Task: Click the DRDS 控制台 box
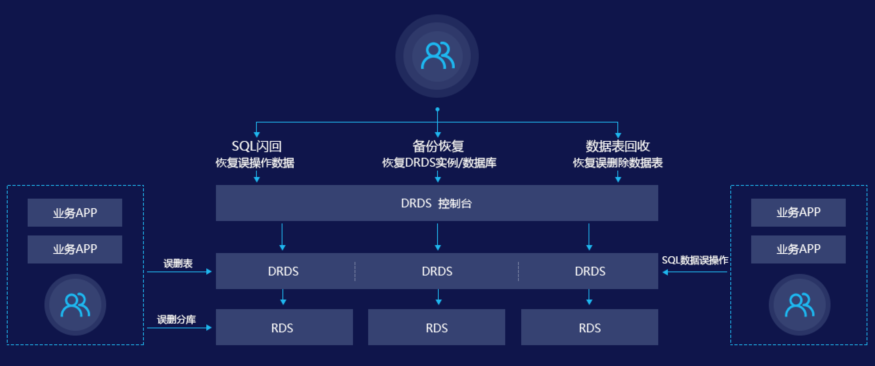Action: click(437, 203)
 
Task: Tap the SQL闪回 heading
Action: click(256, 146)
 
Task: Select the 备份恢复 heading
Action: click(438, 146)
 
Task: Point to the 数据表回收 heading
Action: click(617, 146)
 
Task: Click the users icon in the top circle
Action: click(437, 56)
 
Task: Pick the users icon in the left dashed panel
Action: click(75, 305)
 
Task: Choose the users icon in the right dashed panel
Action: click(799, 305)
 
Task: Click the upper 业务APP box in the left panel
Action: click(75, 213)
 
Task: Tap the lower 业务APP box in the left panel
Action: click(75, 249)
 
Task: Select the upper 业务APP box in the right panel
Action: click(798, 212)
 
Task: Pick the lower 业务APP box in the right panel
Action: click(798, 249)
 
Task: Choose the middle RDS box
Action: click(436, 328)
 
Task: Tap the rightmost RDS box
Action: click(589, 328)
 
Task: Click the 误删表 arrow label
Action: click(178, 263)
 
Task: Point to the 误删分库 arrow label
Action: click(176, 319)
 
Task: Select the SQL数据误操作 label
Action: click(695, 260)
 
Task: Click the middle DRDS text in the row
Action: click(437, 271)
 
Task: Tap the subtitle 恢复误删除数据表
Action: click(617, 163)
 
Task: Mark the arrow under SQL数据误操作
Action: click(695, 272)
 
